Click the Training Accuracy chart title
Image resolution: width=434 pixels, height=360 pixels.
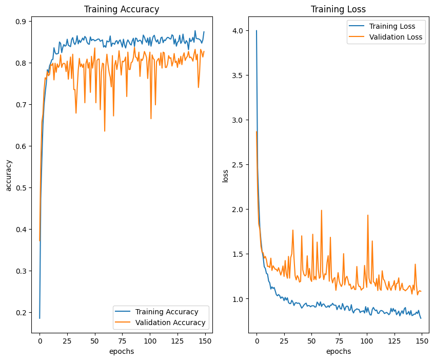[x=122, y=9]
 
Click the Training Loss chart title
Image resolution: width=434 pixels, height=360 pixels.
[x=339, y=9]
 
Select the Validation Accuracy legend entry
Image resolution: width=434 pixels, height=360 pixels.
[x=170, y=323]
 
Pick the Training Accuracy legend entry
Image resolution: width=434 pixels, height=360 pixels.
[x=167, y=312]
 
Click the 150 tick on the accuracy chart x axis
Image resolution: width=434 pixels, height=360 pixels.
[x=204, y=340]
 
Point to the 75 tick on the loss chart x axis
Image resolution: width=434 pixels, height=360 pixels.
[x=339, y=340]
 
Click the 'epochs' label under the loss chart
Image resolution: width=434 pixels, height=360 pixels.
[x=339, y=351]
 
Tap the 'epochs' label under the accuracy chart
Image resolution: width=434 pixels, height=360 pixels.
[x=122, y=351]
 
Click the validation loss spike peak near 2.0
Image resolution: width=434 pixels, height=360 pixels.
[x=322, y=210]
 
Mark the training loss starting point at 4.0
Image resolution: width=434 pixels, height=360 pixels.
[x=257, y=31]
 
